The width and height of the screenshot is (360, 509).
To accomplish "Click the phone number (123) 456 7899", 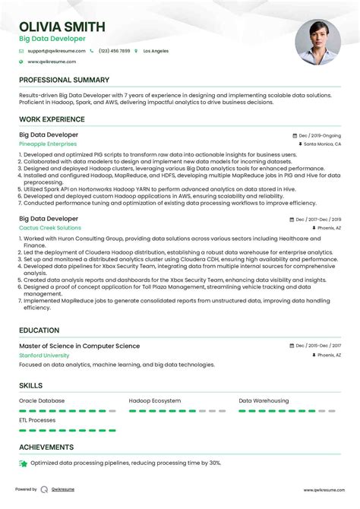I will [x=114, y=51].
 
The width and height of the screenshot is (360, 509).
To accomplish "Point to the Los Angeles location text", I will [x=155, y=51].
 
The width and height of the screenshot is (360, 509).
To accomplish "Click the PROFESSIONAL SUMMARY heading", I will [x=64, y=80].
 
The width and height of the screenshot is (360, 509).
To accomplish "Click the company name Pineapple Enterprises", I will [x=48, y=144].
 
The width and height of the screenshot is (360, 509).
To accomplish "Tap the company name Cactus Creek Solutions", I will [x=50, y=228].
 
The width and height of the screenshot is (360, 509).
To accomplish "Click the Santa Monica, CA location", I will [x=323, y=144].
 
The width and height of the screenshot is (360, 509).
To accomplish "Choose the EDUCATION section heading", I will [x=39, y=330].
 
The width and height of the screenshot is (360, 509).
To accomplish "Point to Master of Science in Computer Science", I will [x=79, y=346].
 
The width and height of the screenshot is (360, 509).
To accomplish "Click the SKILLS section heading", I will [x=31, y=386].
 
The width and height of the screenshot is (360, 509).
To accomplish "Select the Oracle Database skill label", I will [x=42, y=400].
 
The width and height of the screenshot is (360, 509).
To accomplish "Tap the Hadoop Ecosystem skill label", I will [x=155, y=400].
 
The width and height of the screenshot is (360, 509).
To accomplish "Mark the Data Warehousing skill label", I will [x=264, y=400].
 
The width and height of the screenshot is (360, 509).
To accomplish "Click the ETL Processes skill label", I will [x=37, y=419].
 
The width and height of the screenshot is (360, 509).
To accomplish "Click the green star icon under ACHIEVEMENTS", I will [x=24, y=463].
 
